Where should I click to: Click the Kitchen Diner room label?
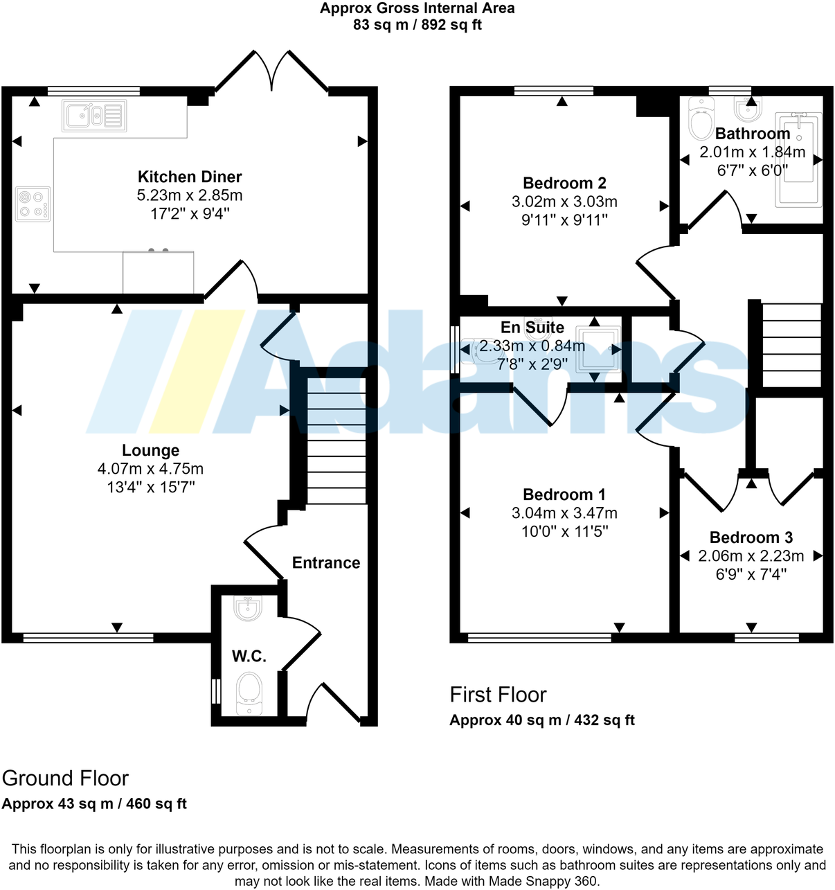coord(190,177)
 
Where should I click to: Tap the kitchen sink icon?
coord(94,116)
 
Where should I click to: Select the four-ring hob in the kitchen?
coord(33,204)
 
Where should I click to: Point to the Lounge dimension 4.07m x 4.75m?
coord(150,469)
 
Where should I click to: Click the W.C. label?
coord(249,656)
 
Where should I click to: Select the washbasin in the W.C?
coord(247,608)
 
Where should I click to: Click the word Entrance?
coord(326,562)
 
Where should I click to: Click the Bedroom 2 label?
coord(564,183)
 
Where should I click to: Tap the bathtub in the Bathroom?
coord(798,160)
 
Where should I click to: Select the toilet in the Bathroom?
coord(701,120)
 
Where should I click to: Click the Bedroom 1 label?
coord(564,495)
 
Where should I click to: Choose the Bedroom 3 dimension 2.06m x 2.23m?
coord(751,556)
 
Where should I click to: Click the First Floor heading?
coord(498,695)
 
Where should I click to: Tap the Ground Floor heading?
coord(65,778)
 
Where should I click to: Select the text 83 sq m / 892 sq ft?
coord(417,25)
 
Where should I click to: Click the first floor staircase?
coord(791,345)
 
